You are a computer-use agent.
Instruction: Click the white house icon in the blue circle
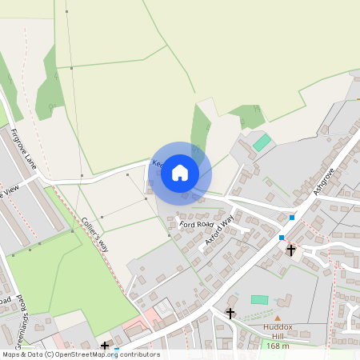point(180,173)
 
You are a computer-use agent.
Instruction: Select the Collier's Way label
point(94,234)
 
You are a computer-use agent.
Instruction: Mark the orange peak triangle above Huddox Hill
point(278,318)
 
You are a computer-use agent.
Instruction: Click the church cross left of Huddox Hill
point(230,313)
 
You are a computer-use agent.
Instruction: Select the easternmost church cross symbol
point(290,250)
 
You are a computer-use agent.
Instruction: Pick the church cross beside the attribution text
point(105,346)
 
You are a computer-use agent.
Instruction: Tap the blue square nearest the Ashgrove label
point(292,217)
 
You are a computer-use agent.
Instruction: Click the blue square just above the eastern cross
point(282,238)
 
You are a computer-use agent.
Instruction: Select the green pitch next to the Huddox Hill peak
point(259,300)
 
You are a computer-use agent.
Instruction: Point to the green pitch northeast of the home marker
point(262,142)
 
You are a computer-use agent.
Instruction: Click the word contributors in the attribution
point(139,354)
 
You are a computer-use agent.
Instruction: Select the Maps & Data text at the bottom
point(22,354)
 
